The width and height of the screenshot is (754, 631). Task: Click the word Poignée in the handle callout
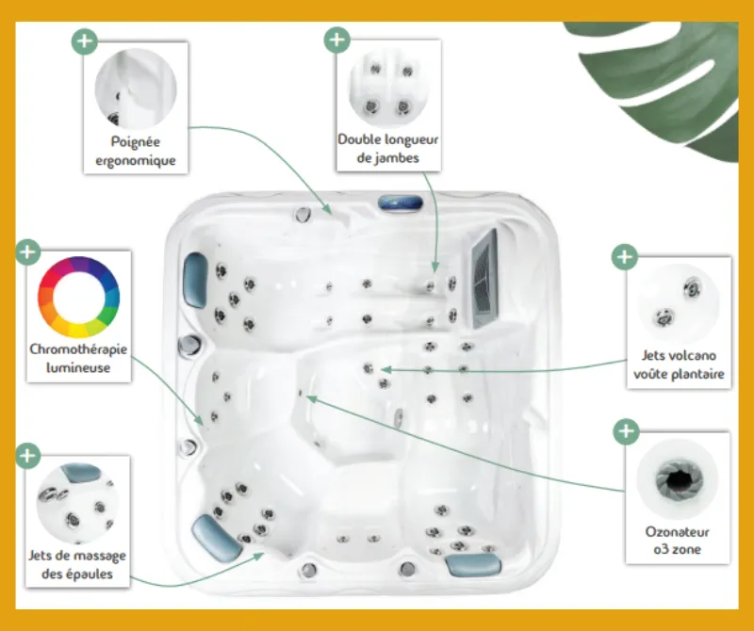[x=135, y=142]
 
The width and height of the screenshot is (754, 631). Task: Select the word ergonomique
[x=135, y=160]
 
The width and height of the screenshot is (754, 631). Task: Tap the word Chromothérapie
[x=78, y=349]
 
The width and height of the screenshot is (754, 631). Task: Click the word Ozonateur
[x=677, y=532]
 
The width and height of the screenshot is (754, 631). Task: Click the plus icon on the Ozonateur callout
[x=626, y=431]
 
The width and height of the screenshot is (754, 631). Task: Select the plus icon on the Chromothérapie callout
[x=28, y=251]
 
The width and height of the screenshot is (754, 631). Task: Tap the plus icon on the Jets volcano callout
[x=625, y=256]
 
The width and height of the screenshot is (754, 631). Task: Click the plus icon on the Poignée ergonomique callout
[x=85, y=41]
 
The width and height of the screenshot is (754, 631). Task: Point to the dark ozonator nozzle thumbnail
[x=677, y=478]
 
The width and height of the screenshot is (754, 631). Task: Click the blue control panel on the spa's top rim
[x=401, y=202]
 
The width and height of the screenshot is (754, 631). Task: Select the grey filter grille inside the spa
[x=484, y=279]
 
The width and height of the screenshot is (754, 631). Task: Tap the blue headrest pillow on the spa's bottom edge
[x=473, y=565]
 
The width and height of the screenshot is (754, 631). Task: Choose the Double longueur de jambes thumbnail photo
[x=388, y=88]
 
